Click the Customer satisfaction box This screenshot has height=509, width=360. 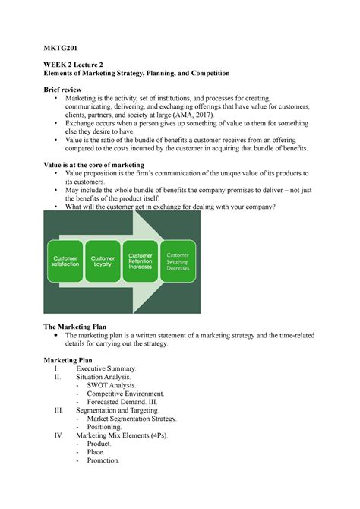pyautogui.click(x=65, y=262)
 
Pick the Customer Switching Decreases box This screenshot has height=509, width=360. pyautogui.click(x=179, y=262)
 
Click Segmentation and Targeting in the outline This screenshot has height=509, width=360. pyautogui.click(x=118, y=411)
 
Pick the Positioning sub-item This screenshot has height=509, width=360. pyautogui.click(x=108, y=428)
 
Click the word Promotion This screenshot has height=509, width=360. pyautogui.click(x=104, y=460)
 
